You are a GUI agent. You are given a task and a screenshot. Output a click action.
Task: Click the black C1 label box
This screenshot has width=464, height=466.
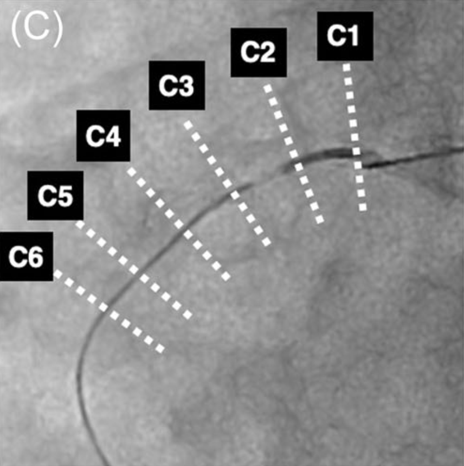coord(345,36)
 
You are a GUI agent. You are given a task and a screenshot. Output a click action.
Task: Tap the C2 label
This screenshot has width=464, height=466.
coord(259,52)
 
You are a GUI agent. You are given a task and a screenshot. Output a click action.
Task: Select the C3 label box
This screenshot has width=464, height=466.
coord(177,85)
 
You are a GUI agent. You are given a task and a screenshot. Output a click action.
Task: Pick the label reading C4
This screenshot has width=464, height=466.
coord(103,136)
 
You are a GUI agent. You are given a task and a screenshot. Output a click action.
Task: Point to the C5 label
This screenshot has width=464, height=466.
coord(55,196)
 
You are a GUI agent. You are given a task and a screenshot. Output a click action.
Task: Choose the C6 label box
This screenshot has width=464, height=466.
coord(27,256)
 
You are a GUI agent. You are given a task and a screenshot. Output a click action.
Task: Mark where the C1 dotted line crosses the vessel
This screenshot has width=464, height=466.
coord(356,155)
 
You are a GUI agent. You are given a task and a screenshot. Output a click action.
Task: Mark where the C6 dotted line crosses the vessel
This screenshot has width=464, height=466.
coord(105,308)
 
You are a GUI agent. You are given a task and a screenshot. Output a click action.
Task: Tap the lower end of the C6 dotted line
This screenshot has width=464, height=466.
coord(160,349)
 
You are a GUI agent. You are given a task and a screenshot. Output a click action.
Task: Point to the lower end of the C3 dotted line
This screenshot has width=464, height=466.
coord(267,242)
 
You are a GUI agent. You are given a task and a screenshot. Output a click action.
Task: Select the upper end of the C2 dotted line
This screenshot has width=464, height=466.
coord(267,87)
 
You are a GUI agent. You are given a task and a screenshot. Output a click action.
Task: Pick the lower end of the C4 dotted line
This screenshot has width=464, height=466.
coord(226,276)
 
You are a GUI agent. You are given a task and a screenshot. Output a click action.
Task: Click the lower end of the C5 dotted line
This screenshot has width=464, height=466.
coord(188,315)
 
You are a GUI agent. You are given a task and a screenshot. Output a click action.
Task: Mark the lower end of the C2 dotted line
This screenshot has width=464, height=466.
coord(319,219)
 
